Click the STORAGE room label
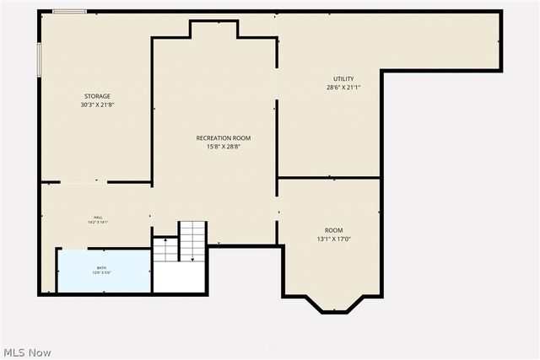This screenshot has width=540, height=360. (x=96, y=96)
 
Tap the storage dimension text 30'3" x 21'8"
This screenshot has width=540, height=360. (x=96, y=105)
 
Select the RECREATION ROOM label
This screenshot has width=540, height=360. (x=223, y=137)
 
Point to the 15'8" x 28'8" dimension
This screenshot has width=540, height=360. (x=223, y=146)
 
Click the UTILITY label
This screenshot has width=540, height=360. (x=343, y=79)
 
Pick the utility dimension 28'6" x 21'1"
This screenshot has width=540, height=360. (x=343, y=88)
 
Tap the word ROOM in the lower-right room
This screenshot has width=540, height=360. (x=334, y=230)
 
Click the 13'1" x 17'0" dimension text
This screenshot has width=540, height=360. (x=334, y=239)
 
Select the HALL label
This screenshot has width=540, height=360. (x=98, y=218)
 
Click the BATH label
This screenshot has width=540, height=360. (x=101, y=268)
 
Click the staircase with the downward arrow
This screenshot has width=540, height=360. (x=192, y=240)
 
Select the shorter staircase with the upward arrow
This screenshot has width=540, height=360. (x=165, y=250)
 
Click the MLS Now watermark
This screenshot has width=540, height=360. (x=27, y=352)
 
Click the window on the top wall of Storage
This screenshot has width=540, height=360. (x=69, y=12)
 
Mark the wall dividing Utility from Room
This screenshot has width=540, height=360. (x=329, y=178)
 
